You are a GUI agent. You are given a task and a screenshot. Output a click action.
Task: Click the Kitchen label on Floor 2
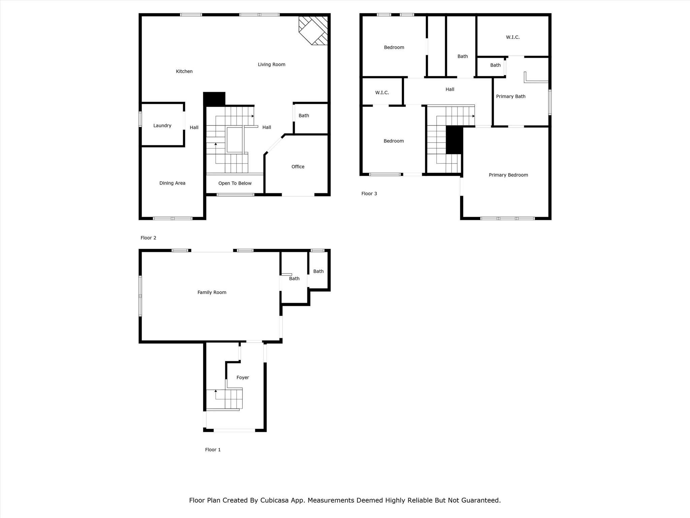point(184,71)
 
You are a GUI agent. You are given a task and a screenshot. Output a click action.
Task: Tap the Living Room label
point(272,65)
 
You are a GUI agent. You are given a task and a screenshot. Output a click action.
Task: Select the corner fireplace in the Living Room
point(313,30)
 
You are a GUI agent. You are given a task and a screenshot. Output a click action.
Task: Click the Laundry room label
point(162,126)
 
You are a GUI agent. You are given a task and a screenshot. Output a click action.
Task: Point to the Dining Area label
point(172,183)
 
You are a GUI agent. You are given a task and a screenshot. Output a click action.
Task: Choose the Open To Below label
point(235,183)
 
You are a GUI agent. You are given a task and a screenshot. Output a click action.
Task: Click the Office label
point(298,167)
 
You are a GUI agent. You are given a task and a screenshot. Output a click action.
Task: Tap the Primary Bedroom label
point(508,175)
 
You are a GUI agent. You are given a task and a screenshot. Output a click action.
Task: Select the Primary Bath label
point(511,96)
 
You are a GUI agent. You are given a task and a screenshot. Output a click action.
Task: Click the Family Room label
point(212,292)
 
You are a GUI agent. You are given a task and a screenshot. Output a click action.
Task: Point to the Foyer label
point(243,378)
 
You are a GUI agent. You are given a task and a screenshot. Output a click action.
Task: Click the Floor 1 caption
point(213,450)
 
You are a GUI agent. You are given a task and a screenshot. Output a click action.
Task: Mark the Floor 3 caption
point(369,194)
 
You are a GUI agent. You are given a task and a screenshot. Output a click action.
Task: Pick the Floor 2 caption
point(148,238)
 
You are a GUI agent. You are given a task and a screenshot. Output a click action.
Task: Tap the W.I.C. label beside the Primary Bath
point(513,37)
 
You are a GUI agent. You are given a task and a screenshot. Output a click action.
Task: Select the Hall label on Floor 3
point(450,89)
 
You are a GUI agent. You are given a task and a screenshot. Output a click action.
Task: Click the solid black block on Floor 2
point(214,99)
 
